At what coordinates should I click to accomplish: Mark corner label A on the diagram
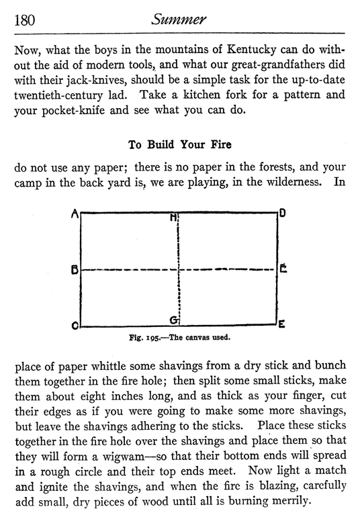coord(76,214)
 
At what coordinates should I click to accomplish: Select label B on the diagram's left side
coord(75,270)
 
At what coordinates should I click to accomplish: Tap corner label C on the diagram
coord(76,326)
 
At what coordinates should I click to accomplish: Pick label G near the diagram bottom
coord(173,320)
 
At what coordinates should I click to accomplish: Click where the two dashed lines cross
coord(179,270)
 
